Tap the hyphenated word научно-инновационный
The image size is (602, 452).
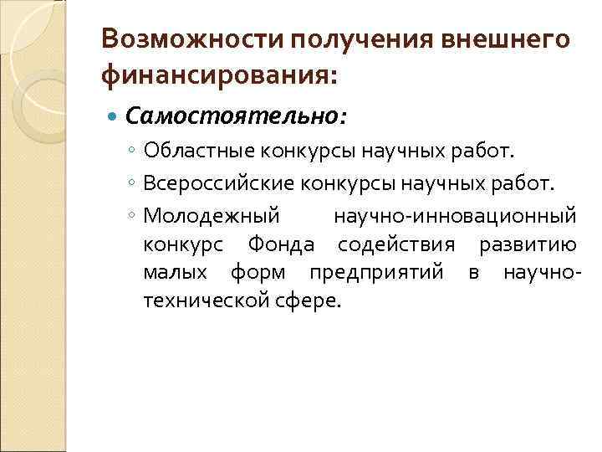click(x=455, y=215)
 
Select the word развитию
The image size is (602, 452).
click(x=527, y=244)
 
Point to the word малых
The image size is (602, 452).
click(x=171, y=273)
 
